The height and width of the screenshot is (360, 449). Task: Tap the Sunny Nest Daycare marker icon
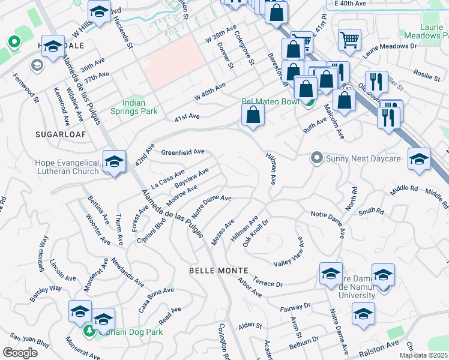tap(316, 158)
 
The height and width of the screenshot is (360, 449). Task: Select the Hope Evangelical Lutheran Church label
tap(67, 167)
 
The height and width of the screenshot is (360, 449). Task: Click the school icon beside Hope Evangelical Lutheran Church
tap(114, 161)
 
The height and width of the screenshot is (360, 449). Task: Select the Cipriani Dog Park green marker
tap(89, 330)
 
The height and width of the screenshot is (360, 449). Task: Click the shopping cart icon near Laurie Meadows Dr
tap(349, 40)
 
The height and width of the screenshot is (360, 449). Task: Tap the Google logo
tap(20, 352)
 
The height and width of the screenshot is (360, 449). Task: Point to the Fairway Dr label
tap(295, 307)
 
